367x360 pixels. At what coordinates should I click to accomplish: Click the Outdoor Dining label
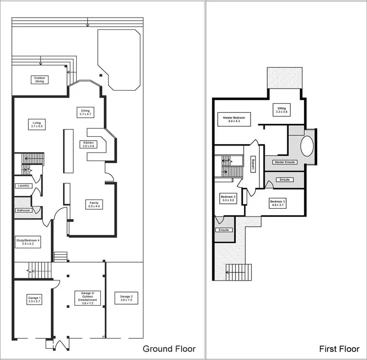click(40, 80)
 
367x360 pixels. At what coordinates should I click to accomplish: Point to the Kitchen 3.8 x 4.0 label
click(89, 144)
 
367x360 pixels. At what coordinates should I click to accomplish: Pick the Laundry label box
click(23, 186)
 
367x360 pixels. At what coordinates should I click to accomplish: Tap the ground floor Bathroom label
click(23, 211)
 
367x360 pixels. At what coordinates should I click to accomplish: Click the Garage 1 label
click(33, 298)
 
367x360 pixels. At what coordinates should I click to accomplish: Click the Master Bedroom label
click(233, 119)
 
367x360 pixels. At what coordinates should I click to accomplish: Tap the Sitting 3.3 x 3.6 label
click(281, 110)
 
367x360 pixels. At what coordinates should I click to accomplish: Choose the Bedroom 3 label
click(277, 203)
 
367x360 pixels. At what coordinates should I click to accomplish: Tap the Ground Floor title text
click(169, 349)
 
